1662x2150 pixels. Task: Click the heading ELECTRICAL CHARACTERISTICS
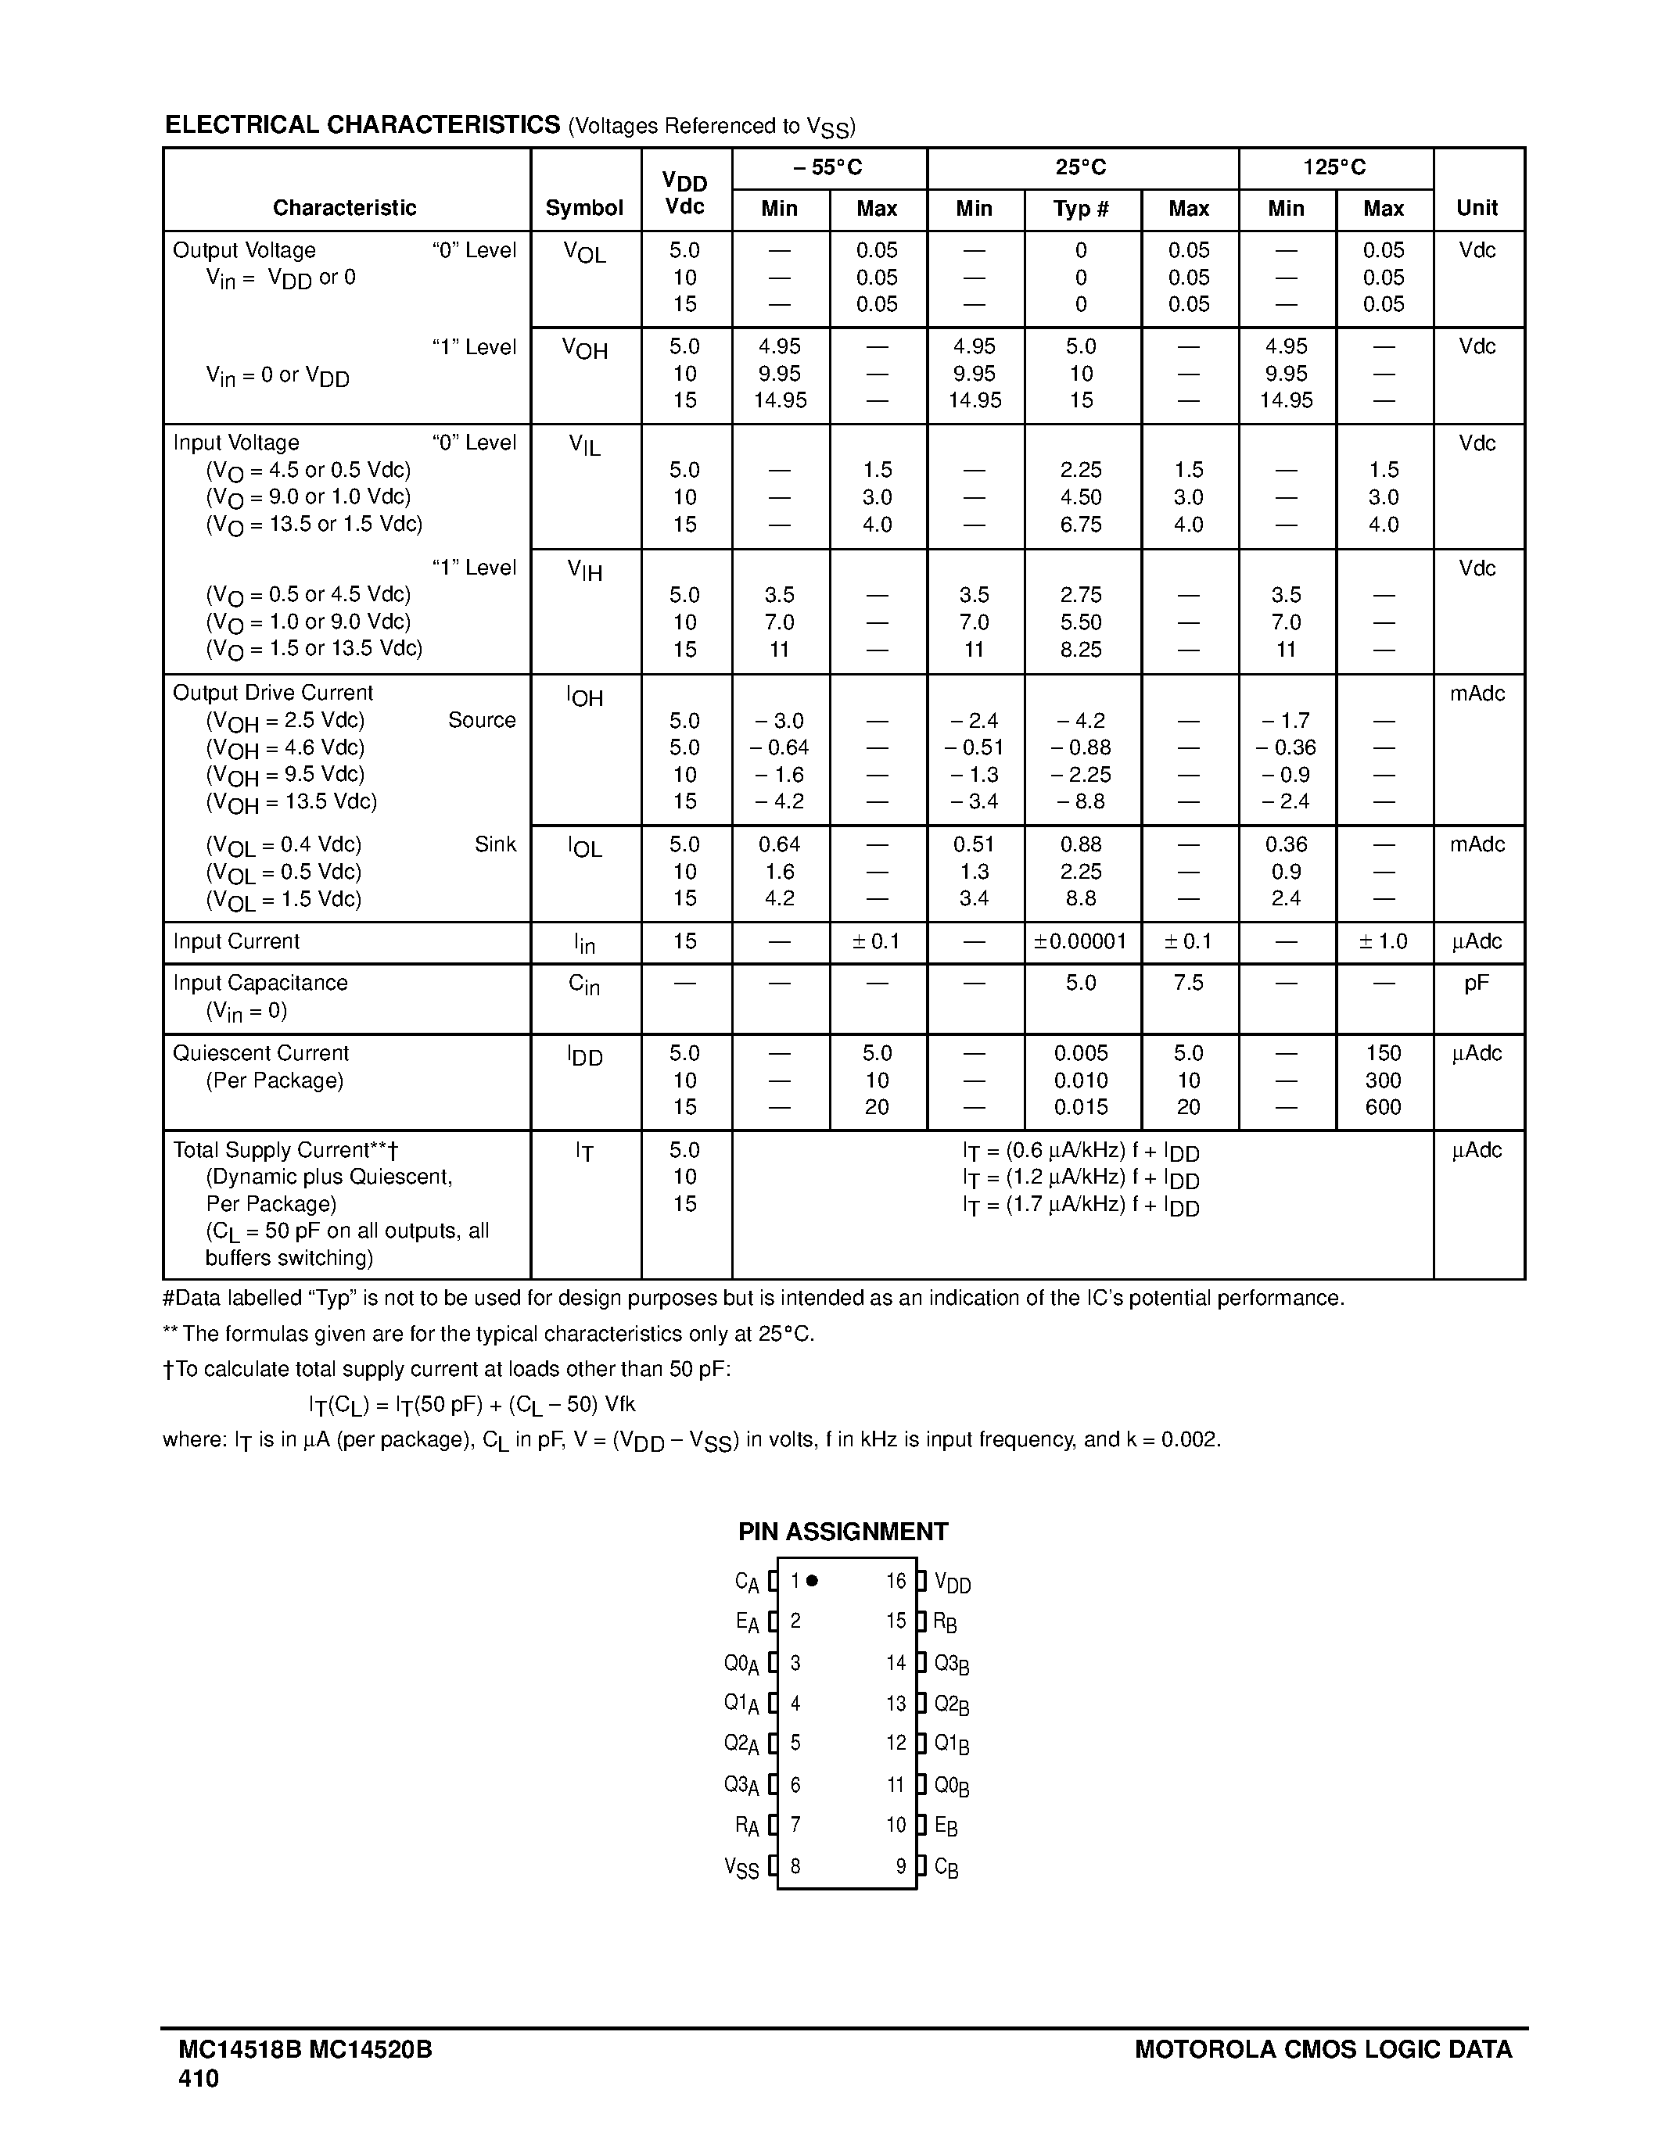point(362,125)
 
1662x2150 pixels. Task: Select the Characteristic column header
point(345,208)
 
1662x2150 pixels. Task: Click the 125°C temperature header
point(1334,167)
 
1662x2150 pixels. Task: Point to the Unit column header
point(1477,208)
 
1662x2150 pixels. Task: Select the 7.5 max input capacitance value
point(1188,983)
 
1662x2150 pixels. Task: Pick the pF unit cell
point(1476,983)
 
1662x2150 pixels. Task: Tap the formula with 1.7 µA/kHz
point(1080,1205)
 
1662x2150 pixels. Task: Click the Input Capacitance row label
point(260,983)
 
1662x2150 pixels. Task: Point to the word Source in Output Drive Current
point(482,719)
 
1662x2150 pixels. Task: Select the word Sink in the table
point(494,844)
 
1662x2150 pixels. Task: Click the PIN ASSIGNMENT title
point(843,1531)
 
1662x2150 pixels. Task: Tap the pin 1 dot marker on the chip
point(813,1581)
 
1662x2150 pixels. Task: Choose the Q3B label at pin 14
point(951,1664)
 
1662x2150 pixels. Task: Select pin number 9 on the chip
point(900,1866)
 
